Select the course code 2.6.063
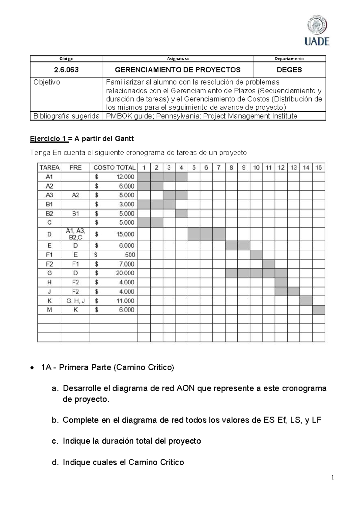(x=66, y=70)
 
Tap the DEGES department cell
(x=289, y=70)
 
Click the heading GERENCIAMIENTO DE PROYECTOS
(x=178, y=70)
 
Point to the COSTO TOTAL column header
(x=114, y=167)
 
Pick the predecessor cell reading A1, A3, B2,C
(x=75, y=234)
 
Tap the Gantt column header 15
(x=318, y=167)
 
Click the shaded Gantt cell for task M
(x=318, y=310)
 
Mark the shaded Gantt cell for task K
(x=306, y=301)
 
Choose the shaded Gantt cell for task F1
(x=256, y=255)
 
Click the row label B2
(x=49, y=213)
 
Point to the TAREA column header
(x=49, y=167)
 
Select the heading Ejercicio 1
(x=48, y=139)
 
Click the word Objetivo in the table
(x=46, y=82)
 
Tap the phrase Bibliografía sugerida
(x=66, y=116)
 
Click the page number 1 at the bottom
(x=333, y=477)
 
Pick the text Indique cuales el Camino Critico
(x=123, y=462)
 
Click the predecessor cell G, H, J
(x=75, y=301)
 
